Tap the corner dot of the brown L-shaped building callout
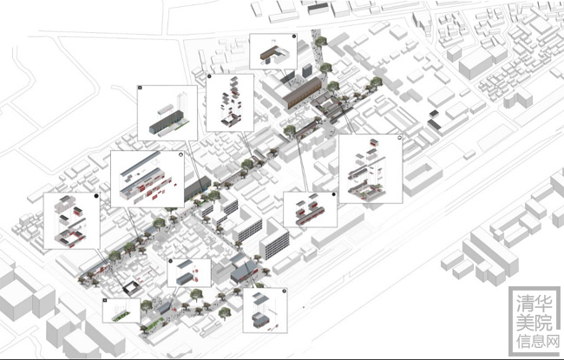coord(294,37)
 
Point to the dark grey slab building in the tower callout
coord(163,124)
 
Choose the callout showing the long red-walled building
coord(144,179)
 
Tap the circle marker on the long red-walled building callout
coord(180,155)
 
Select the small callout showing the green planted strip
coord(121,310)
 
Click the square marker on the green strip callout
coord(106,301)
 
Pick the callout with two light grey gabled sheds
coord(189,273)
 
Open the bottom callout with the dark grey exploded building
coord(264,311)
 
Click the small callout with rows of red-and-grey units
coord(310,209)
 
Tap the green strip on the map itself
coord(154,325)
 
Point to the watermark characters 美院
coord(531,322)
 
